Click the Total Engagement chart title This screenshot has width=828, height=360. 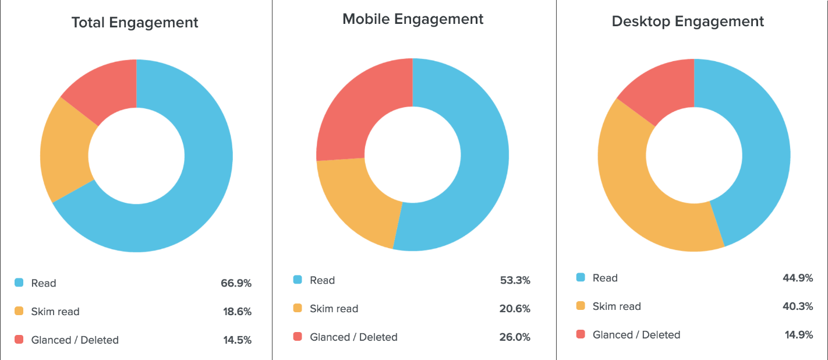(x=135, y=23)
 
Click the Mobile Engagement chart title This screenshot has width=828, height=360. (x=413, y=19)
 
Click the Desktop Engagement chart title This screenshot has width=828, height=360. (x=688, y=22)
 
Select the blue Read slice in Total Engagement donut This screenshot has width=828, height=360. (x=192, y=192)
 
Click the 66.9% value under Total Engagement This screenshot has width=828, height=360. (x=236, y=283)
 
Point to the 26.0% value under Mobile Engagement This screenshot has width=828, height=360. (x=515, y=337)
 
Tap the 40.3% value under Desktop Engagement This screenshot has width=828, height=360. (x=798, y=306)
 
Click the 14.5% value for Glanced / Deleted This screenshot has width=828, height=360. (x=236, y=340)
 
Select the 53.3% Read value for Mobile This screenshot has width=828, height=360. (x=515, y=280)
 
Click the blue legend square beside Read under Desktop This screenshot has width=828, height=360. (x=580, y=278)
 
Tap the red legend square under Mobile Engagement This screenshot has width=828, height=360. (x=298, y=337)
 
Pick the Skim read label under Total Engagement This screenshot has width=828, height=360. (x=55, y=312)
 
